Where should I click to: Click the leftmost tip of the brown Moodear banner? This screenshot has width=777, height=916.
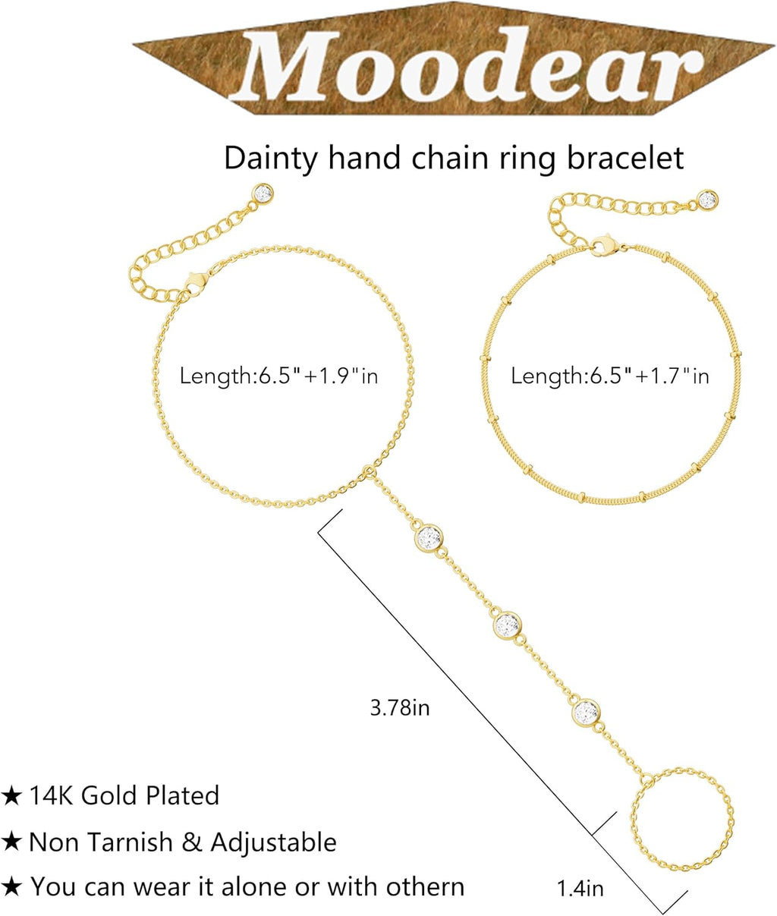coord(133,43)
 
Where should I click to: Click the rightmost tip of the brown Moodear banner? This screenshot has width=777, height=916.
coord(775,44)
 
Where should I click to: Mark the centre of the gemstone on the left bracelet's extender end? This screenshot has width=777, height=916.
coord(263,194)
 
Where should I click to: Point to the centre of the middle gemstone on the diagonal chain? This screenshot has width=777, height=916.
coord(507,625)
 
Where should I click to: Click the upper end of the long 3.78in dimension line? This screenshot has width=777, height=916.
coord(342,509)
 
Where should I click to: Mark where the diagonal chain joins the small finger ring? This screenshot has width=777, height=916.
coord(648,779)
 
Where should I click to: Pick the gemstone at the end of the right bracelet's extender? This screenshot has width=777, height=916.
coord(708,200)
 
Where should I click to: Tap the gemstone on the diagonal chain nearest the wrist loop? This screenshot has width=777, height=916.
coord(429,538)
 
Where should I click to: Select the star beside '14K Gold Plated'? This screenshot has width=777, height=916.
coord(11,796)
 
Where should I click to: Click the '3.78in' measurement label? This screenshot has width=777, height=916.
coord(400,708)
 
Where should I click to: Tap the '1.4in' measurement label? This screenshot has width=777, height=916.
coord(580,889)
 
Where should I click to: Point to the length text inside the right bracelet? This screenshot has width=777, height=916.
coord(610,376)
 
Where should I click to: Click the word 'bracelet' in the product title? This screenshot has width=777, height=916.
coord(625,158)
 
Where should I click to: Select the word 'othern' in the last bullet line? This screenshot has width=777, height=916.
coord(425,887)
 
